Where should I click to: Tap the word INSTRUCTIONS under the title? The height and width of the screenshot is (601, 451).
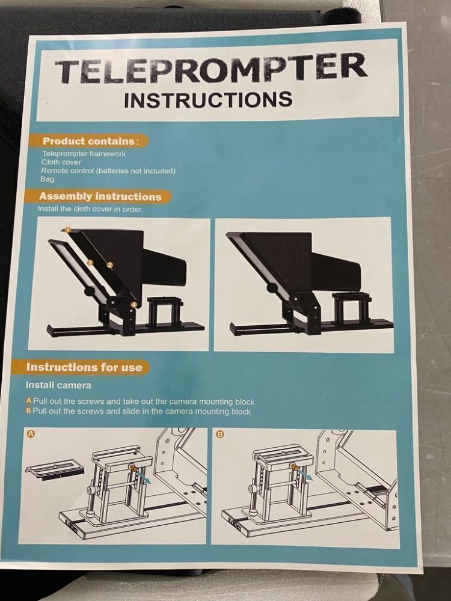pyautogui.click(x=208, y=99)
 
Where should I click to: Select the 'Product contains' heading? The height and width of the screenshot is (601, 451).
pyautogui.click(x=88, y=141)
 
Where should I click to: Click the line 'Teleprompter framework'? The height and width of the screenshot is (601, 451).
pyautogui.click(x=84, y=154)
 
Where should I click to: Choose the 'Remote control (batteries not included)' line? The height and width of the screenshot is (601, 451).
pyautogui.click(x=108, y=171)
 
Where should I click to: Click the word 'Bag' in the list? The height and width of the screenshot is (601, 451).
pyautogui.click(x=47, y=179)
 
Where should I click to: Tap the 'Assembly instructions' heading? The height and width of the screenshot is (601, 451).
pyautogui.click(x=100, y=197)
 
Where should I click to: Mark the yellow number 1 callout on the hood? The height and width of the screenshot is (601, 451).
pyautogui.click(x=68, y=230)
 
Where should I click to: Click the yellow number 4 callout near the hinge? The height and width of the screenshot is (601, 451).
pyautogui.click(x=133, y=305)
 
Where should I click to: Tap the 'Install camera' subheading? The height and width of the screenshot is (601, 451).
pyautogui.click(x=58, y=385)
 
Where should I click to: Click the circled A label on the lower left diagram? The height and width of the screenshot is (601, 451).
pyautogui.click(x=31, y=433)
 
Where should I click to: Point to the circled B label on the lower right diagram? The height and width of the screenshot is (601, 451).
pyautogui.click(x=220, y=434)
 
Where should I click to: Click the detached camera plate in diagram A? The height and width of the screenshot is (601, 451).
pyautogui.click(x=54, y=467)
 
